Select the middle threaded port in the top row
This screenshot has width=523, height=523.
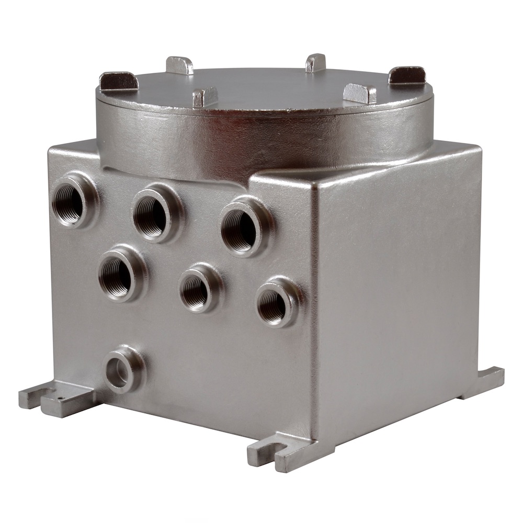pos(152,214)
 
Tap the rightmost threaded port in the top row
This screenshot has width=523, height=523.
pos(241,228)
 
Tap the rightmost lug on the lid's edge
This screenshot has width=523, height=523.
pos(407,75)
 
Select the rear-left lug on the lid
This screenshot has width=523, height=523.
pos(179,65)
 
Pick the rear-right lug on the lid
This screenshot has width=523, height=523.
pos(315,63)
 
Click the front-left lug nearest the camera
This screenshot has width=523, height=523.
pos(205,97)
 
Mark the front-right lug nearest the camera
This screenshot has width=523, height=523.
pos(359,94)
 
